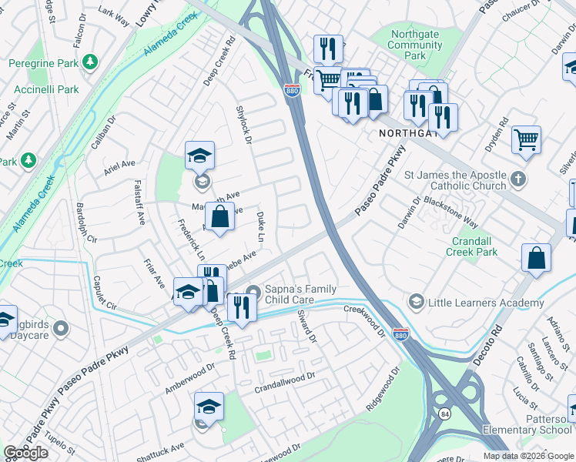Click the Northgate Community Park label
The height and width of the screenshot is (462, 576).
(x=416, y=45)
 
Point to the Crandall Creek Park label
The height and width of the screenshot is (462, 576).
(x=477, y=246)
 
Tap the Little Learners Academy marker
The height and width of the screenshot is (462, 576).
(x=417, y=300)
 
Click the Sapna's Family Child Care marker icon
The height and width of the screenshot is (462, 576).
(x=253, y=291)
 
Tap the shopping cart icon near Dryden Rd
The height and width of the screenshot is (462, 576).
(x=527, y=139)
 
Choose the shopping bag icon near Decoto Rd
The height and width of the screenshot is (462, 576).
(x=536, y=258)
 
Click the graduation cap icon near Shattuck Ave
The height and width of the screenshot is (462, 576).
(x=209, y=405)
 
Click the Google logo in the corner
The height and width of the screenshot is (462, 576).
(x=25, y=453)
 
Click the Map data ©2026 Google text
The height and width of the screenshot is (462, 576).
(x=528, y=456)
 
